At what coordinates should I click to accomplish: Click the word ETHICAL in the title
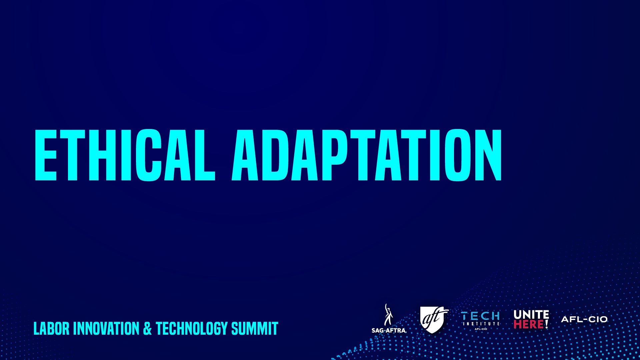pos(125,155)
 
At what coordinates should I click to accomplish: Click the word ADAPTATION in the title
pos(367,155)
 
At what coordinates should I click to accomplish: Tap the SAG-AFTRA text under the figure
pos(389,330)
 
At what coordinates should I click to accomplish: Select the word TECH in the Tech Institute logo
pos(480,316)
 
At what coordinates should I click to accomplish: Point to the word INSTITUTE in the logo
pos(481,323)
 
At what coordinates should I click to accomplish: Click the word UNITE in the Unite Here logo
pos(531,314)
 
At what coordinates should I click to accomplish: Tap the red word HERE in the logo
pos(529,324)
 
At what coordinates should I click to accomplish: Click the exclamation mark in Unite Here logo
pos(547,324)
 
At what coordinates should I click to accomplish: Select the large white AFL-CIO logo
pos(584,319)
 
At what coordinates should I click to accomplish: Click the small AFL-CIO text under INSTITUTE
pos(481,329)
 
